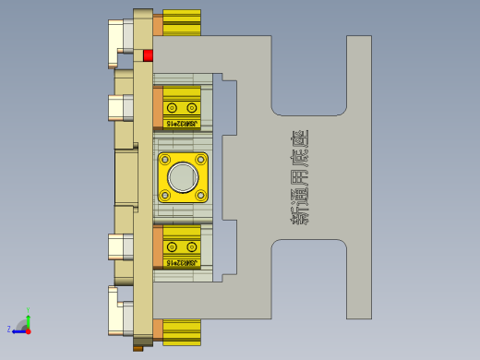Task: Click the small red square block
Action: [148, 55]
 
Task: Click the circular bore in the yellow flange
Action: [183, 176]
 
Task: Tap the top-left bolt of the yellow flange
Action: [165, 160]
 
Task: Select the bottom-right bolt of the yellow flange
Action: [200, 194]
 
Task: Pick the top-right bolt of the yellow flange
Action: [200, 160]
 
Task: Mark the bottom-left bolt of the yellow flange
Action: [165, 194]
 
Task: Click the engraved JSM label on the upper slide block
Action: [182, 123]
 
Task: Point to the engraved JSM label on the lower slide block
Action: [182, 262]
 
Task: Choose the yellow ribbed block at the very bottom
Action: [182, 332]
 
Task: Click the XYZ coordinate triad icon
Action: [23, 326]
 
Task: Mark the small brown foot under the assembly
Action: [138, 348]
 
